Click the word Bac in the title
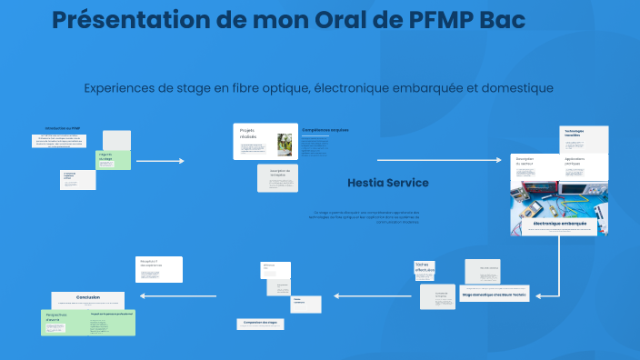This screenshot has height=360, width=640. tap(502, 20)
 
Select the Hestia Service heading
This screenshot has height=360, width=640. tap(387, 183)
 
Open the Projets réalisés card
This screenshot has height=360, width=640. tap(265, 142)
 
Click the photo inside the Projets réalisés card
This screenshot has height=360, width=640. tap(285, 144)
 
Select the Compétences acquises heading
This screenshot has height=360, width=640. tap(325, 130)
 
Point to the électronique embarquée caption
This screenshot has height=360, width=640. tap(559, 223)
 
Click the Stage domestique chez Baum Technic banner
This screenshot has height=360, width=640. tap(495, 295)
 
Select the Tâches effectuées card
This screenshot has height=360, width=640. tap(425, 270)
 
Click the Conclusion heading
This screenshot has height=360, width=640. tap(88, 297)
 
